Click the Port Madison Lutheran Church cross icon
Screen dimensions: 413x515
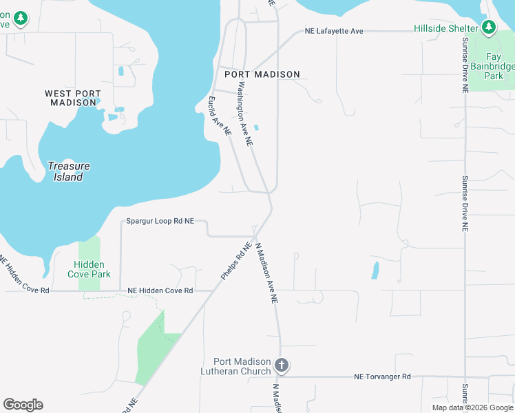[281, 365]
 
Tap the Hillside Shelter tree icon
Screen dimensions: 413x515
[489, 28]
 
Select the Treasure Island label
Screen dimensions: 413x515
[69, 171]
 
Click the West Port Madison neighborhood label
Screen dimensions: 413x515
[73, 98]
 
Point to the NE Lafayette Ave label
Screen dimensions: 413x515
[334, 31]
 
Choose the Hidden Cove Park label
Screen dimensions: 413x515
[90, 269]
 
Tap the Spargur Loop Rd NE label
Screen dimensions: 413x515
[160, 221]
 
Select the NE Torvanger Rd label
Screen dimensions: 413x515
[382, 377]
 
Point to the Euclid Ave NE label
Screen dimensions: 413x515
[218, 114]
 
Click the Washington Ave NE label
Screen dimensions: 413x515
[246, 114]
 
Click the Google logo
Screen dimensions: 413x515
[23, 405]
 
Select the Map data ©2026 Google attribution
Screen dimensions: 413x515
[472, 407]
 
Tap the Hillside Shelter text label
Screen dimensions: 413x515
[445, 28]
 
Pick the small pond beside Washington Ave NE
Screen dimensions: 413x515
[257, 127]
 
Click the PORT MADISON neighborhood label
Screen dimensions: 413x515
[262, 74]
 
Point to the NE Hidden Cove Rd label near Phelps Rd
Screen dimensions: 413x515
[160, 290]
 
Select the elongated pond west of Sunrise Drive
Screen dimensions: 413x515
[375, 270]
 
